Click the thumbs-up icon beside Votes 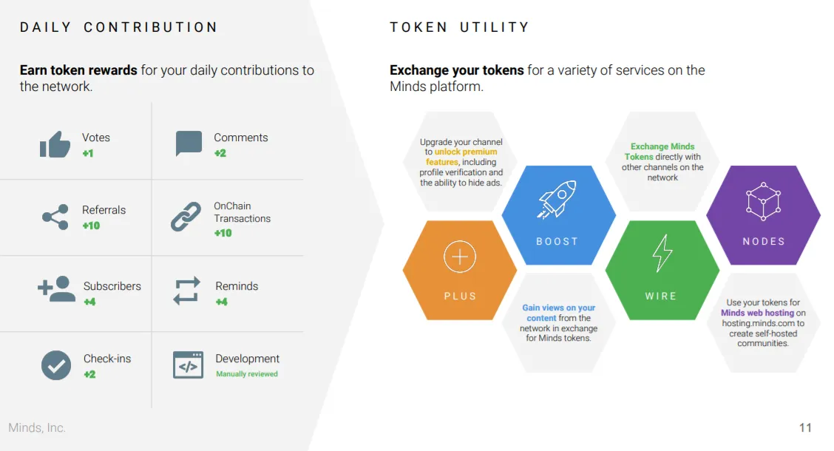click(x=55, y=144)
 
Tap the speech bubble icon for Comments click(x=189, y=143)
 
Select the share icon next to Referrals click(x=55, y=217)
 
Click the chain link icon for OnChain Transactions click(x=186, y=217)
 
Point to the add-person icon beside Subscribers click(x=56, y=289)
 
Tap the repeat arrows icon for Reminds click(x=187, y=291)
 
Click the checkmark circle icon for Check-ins click(x=56, y=365)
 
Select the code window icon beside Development click(x=188, y=364)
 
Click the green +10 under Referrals click(x=91, y=225)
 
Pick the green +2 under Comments click(x=220, y=153)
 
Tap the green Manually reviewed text click(x=247, y=374)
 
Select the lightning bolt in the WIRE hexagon click(x=662, y=253)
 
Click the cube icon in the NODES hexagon click(x=763, y=202)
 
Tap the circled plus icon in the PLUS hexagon click(x=460, y=257)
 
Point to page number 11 click(x=805, y=427)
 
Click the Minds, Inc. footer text click(x=37, y=427)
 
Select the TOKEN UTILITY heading click(x=460, y=27)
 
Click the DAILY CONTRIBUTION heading click(x=118, y=27)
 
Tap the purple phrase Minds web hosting click(x=757, y=313)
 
